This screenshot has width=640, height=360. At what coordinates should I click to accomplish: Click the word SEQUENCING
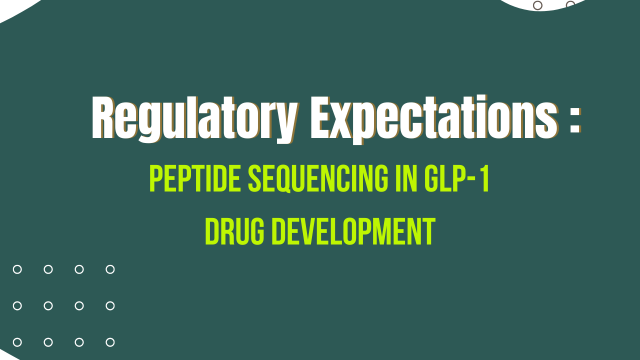coord(318,179)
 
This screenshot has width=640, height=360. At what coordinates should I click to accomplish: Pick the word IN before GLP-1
coord(409,179)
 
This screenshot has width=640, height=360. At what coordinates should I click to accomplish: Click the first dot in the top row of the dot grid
coord(17,269)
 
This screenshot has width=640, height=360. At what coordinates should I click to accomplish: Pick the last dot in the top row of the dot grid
coord(110,269)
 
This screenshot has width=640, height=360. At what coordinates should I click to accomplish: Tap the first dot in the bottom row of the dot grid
coord(17,342)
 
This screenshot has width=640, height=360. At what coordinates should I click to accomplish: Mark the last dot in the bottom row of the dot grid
coord(110,342)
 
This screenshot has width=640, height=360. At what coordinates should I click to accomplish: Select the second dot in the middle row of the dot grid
coord(48,306)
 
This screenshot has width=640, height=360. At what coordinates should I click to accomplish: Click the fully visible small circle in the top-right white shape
coord(538,5)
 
